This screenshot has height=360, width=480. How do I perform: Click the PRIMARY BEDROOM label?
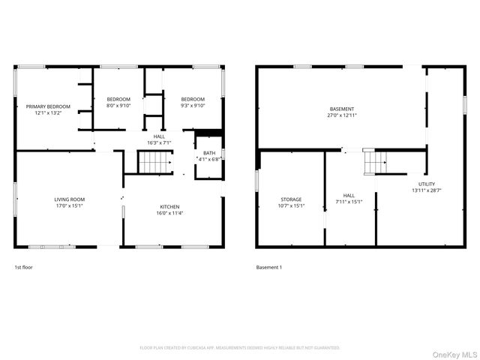point(48,106)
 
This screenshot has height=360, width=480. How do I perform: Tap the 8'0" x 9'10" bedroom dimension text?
point(118,106)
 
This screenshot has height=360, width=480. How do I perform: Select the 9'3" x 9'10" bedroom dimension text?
point(193,106)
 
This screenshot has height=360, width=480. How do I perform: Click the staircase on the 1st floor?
point(155,161)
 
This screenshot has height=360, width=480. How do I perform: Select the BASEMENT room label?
point(341,109)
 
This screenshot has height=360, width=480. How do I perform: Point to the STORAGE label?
point(291,199)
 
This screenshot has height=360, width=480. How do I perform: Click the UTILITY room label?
point(427,184)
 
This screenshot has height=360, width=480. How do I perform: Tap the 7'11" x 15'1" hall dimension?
point(349,202)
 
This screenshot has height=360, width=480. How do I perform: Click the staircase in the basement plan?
point(375,160)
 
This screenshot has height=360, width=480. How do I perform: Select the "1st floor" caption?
point(23,267)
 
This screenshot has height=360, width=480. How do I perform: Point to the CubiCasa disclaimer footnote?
point(240,348)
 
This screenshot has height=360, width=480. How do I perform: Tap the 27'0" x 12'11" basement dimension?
point(341,115)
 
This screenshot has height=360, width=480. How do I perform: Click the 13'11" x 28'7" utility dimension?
point(427,190)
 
